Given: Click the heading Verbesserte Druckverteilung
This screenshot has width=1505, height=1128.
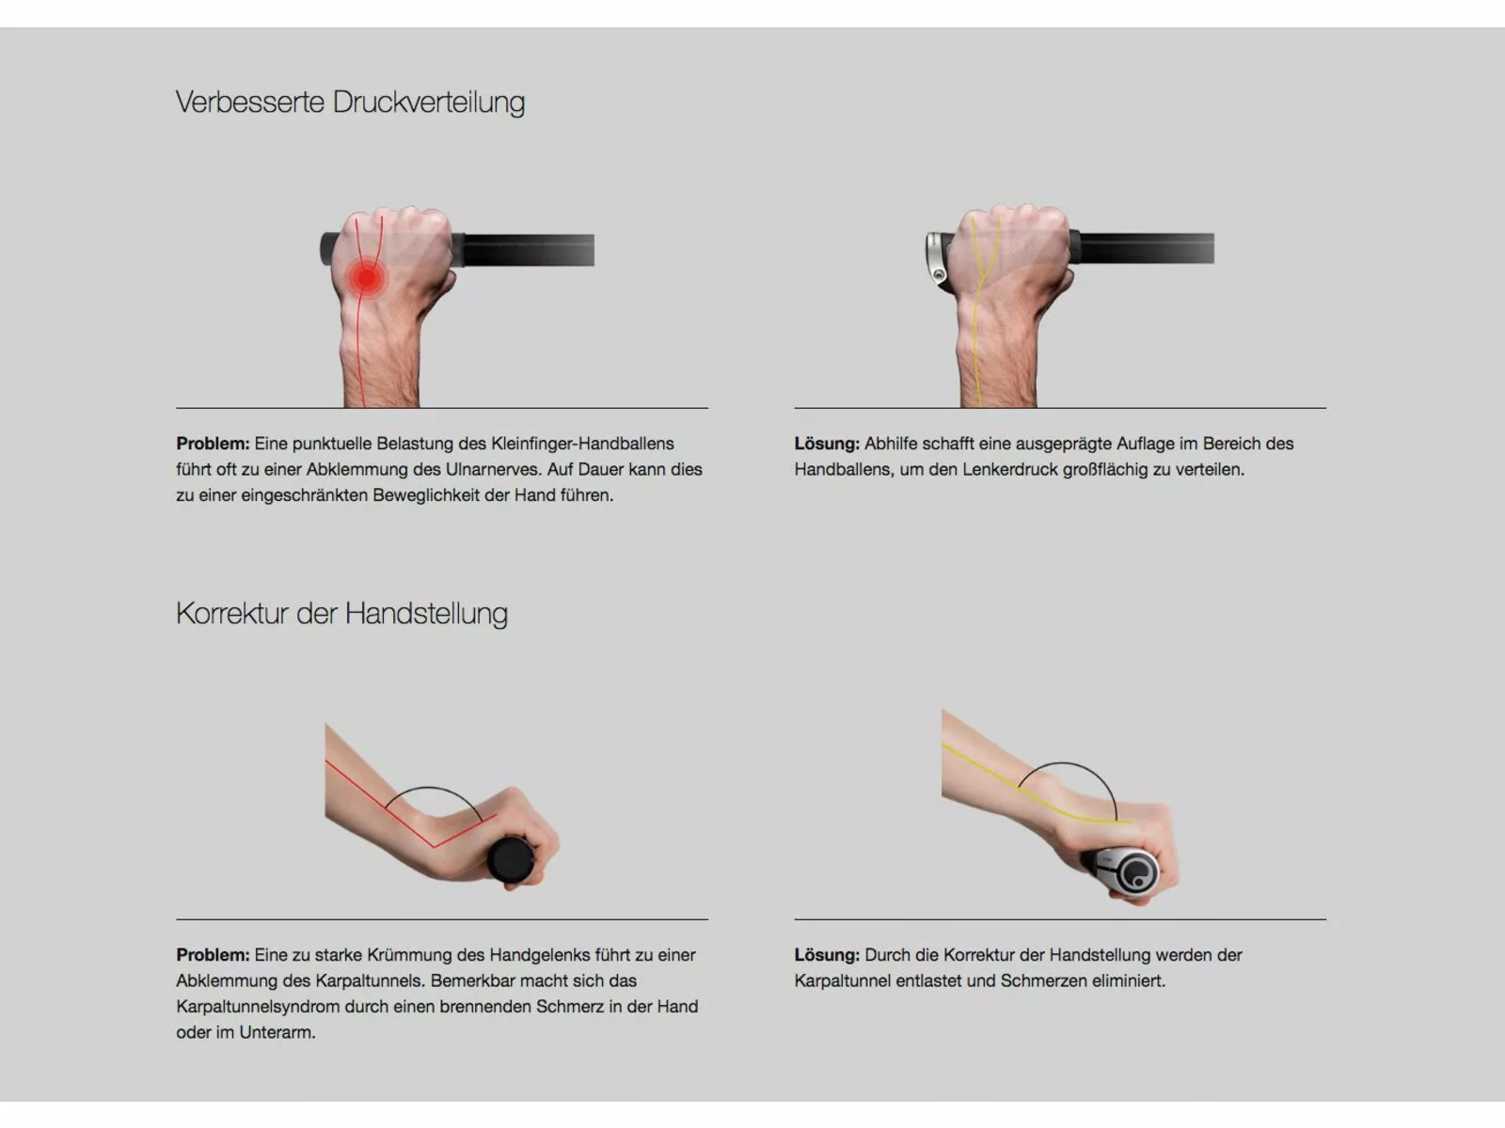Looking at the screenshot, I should click(x=350, y=102).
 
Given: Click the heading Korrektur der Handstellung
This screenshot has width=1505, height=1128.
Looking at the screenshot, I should click(x=341, y=613).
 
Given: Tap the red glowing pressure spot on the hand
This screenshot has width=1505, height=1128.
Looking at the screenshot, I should click(x=365, y=278).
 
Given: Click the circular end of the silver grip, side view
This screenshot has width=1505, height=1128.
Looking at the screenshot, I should click(x=1139, y=873).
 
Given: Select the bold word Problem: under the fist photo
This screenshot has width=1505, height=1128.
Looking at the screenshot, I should click(x=213, y=444).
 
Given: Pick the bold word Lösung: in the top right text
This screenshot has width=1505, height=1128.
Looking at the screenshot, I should click(x=827, y=444).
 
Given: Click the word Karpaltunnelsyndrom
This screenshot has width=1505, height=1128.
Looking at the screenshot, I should click(x=257, y=1007).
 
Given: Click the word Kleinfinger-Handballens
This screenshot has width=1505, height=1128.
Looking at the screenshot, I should click(x=582, y=444).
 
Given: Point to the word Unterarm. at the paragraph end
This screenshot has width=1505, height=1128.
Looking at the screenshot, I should click(x=277, y=1032).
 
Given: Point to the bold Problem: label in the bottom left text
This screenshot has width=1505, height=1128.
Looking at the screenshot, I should click(x=213, y=955).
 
